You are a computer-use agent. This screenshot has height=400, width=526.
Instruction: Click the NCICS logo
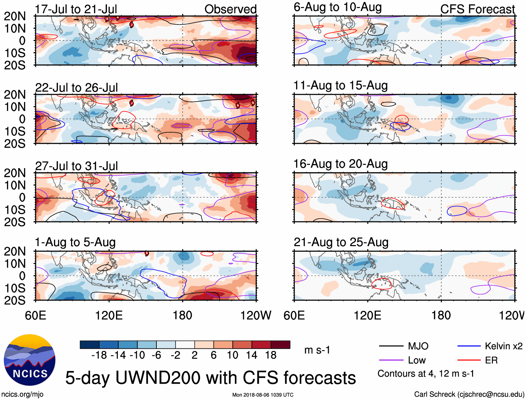30,360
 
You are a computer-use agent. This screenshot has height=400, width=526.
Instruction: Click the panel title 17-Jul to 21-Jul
76,9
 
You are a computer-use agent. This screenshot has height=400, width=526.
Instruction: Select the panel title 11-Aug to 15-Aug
340,85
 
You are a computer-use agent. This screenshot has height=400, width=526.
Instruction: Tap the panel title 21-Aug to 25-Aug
341,242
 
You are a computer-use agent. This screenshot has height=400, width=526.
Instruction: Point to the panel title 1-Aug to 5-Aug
75,242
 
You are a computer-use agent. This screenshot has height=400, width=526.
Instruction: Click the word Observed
230,9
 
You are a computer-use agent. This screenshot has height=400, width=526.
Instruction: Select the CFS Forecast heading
477,9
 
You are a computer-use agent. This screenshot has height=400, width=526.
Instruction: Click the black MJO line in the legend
391,346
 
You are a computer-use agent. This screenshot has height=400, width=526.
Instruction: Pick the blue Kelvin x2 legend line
469,346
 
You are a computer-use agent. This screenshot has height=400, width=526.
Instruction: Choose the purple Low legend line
391,360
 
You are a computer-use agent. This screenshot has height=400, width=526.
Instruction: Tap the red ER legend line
469,360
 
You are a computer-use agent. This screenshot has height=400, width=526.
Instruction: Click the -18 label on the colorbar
99,355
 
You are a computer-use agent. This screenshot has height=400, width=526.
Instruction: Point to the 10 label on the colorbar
232,355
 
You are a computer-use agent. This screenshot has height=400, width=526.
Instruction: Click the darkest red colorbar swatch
280,345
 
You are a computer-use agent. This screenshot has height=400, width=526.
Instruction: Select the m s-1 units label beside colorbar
317,350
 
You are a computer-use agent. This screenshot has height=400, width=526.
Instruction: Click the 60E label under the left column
36,315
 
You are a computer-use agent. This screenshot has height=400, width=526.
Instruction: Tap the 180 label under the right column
441,315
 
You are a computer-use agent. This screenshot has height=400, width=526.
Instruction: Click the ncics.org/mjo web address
22,394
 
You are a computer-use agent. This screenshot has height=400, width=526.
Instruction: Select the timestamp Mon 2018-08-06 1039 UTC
263,395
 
